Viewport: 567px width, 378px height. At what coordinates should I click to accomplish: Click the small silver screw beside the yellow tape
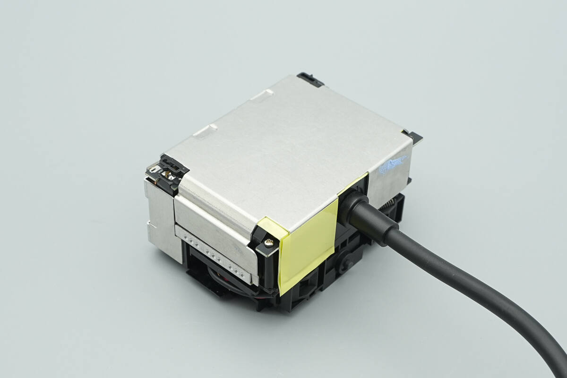(x=268, y=242)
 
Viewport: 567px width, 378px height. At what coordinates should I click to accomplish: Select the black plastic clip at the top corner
(x=310, y=79)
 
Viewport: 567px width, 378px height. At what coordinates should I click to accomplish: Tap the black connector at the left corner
(x=167, y=172)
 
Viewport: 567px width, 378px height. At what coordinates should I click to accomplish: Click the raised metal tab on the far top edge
(x=262, y=94)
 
